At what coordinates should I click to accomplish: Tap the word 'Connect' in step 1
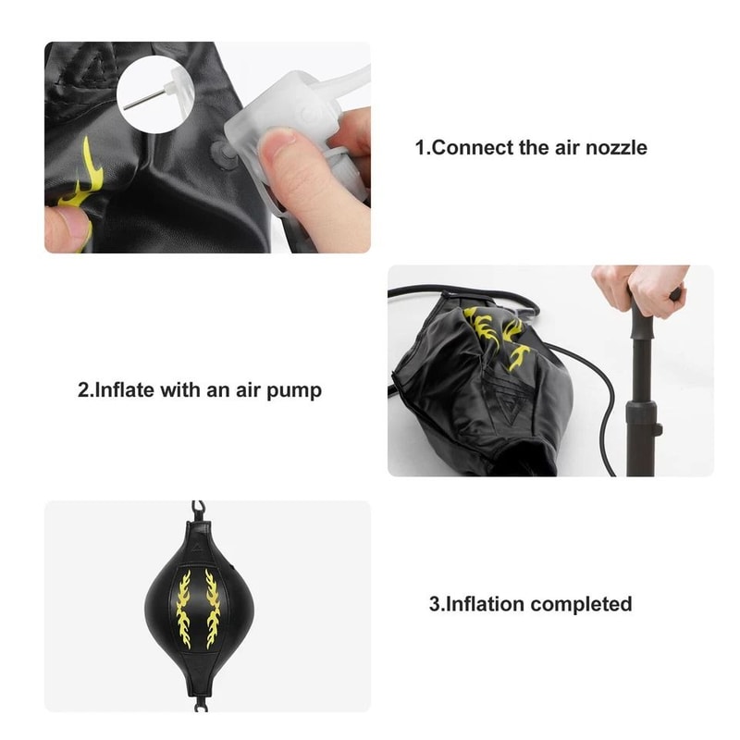[x=472, y=148]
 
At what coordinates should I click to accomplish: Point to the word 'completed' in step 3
[x=580, y=605]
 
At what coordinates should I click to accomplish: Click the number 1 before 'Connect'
[x=420, y=148]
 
